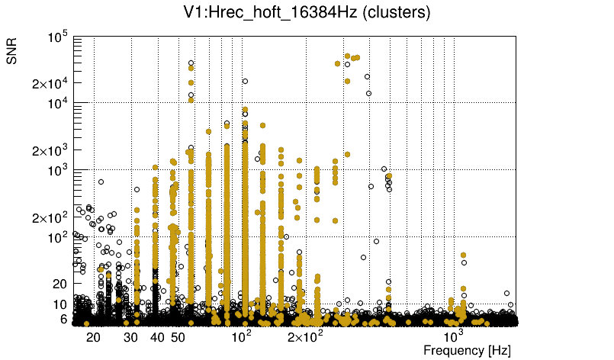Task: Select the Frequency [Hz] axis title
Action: pyautogui.click(x=467, y=350)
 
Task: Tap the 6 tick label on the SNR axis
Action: pyautogui.click(x=63, y=320)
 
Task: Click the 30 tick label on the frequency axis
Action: pyautogui.click(x=131, y=337)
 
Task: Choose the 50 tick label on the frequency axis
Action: pyautogui.click(x=177, y=337)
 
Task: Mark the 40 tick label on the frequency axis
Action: pyautogui.click(x=157, y=337)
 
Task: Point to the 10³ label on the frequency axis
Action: pyautogui.click(x=454, y=336)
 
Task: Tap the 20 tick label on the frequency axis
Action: pyautogui.click(x=93, y=337)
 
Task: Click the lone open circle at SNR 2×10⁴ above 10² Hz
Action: pyautogui.click(x=245, y=81)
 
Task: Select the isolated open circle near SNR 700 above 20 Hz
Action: pyautogui.click(x=101, y=182)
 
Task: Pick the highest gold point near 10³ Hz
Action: pyautogui.click(x=463, y=255)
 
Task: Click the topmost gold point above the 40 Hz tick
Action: pyautogui.click(x=156, y=168)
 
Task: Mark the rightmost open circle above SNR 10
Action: pyautogui.click(x=507, y=293)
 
